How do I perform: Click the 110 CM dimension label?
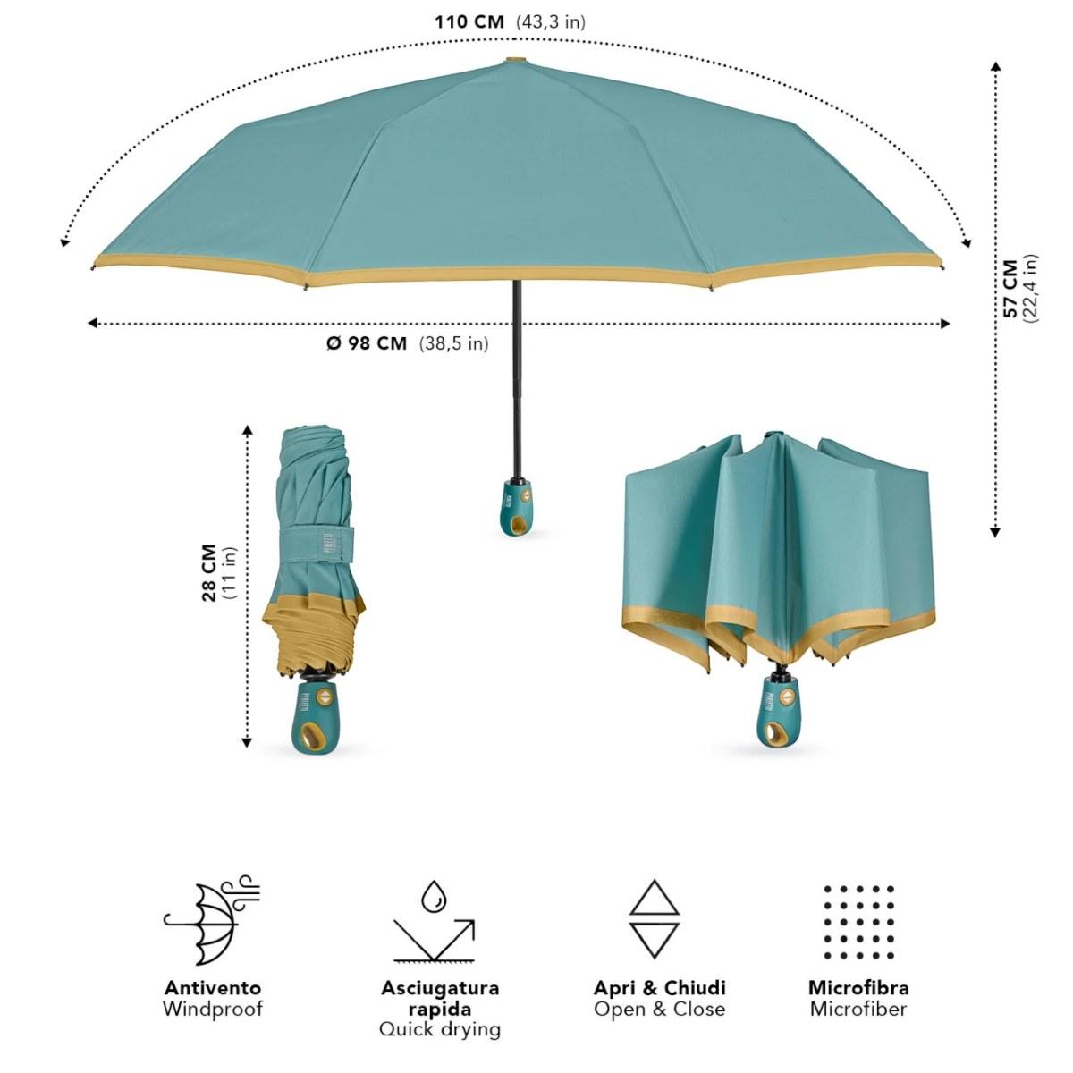tap(469, 22)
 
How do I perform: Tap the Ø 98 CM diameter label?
tap(367, 343)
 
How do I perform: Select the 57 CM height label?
tap(1010, 288)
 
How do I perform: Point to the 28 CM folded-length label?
tap(209, 572)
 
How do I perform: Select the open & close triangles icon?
tap(655, 919)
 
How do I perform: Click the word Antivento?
tap(213, 987)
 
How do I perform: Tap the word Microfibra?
tap(858, 987)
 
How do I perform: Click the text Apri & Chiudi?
tap(660, 987)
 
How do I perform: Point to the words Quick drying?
tap(440, 1029)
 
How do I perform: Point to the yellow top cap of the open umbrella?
tap(516, 60)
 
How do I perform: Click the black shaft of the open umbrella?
tap(518, 378)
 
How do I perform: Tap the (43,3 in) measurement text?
tap(551, 23)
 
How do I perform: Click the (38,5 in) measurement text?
tap(454, 344)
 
